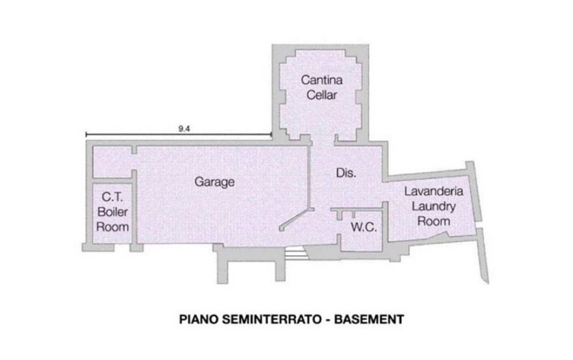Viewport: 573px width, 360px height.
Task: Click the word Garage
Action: pos(215,182)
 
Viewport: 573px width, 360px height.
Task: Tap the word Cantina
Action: pos(322,80)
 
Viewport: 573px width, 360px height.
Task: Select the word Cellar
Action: pos(322,95)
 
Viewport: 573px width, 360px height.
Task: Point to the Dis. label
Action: pos(346,173)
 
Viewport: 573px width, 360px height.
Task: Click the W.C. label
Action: pos(364,227)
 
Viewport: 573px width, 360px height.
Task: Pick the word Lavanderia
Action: pos(434,191)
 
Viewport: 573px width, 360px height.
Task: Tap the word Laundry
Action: pos(434,206)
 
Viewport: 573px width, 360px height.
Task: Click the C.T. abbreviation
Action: pos(113,197)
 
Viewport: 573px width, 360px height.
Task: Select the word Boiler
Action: pos(113,212)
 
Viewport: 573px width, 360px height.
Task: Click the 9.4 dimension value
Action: pos(184,129)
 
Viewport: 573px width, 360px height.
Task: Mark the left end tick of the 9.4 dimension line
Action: pos(86,134)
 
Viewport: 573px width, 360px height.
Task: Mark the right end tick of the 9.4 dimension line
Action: pos(271,134)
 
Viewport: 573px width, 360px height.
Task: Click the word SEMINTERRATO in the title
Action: pos(271,319)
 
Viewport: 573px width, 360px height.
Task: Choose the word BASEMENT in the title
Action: pos(369,319)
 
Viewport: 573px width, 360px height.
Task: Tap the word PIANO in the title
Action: pos(199,319)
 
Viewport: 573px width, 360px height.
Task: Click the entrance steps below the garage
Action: pos(295,253)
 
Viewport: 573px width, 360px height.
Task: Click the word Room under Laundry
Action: pos(434,221)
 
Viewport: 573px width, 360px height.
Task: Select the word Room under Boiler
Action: pos(113,227)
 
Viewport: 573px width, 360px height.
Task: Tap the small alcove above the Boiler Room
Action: pos(112,162)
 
